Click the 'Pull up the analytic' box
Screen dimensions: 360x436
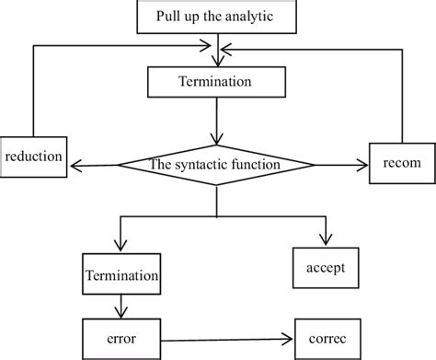[x=215, y=16]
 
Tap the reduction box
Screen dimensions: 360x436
[x=34, y=157]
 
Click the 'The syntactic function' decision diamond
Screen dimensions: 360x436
[x=216, y=165]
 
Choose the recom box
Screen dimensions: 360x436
[x=399, y=162]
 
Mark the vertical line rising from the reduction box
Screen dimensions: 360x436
[x=34, y=92]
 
